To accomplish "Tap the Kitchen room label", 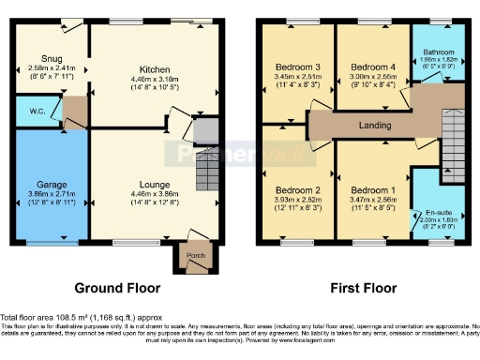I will tap(155, 69).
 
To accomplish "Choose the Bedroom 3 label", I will tap(294, 67).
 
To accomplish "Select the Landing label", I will tap(375, 124).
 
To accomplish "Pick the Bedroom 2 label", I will tap(294, 190).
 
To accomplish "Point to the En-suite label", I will tap(438, 214).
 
